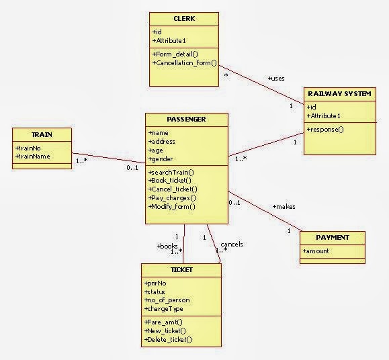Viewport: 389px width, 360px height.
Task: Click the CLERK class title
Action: (183, 19)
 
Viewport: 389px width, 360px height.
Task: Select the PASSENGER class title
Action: (186, 120)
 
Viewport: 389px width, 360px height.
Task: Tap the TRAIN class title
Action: (42, 134)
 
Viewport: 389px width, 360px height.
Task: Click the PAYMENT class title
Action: (333, 238)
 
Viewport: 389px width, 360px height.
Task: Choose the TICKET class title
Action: (181, 270)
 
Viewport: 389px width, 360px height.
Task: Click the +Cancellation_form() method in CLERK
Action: (185, 63)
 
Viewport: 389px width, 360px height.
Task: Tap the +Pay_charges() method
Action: (172, 198)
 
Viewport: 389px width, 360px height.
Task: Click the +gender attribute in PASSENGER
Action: (161, 159)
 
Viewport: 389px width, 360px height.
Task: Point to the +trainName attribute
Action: (32, 156)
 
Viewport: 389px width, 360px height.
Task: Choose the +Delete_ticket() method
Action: (168, 340)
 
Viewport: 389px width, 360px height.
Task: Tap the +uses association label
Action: (276, 79)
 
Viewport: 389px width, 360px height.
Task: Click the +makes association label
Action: (284, 206)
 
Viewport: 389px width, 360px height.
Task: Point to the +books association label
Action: (167, 246)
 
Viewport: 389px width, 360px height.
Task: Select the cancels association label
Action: (231, 244)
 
